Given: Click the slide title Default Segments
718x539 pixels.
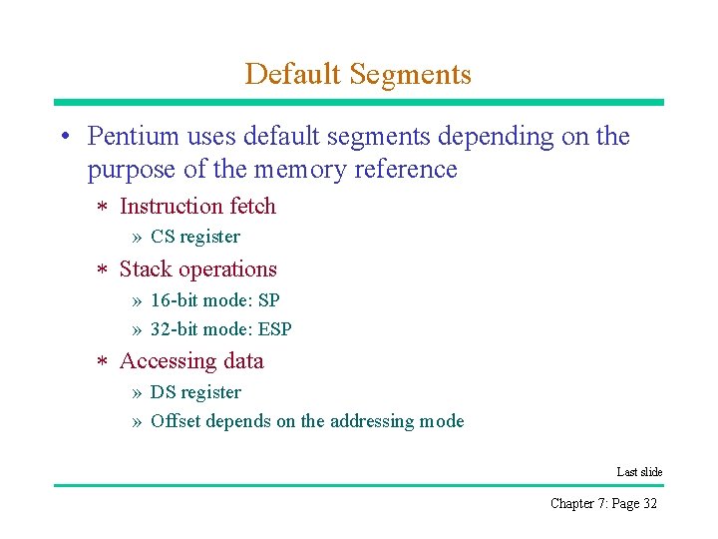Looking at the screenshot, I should click(358, 74).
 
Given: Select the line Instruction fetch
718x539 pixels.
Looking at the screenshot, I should click(197, 207).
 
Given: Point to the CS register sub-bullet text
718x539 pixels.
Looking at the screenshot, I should click(195, 237).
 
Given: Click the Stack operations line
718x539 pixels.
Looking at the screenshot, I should click(197, 269).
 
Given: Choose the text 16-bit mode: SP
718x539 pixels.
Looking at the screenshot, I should click(215, 300).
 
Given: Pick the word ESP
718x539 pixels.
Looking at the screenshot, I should click(274, 329).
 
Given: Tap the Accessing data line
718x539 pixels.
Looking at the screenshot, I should click(191, 361).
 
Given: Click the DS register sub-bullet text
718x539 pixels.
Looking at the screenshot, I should click(195, 392).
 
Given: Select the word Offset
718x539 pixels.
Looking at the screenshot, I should click(172, 421).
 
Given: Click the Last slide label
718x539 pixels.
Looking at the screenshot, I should click(639, 472).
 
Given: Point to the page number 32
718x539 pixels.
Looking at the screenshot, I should click(650, 503).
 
